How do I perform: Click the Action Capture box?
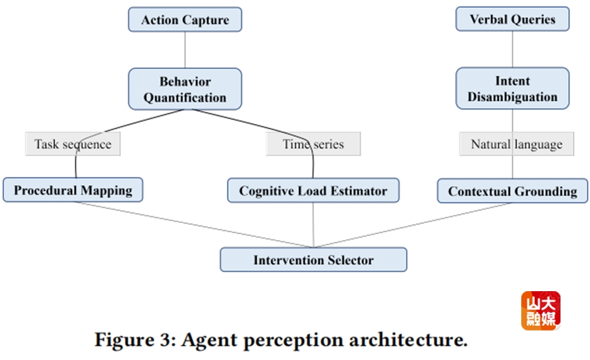(185, 20)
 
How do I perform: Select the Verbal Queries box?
(512, 20)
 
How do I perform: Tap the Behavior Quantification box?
(185, 89)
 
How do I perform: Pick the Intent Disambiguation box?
(513, 89)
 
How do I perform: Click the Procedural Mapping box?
(73, 191)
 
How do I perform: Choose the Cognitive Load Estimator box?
(313, 191)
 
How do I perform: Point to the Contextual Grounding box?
(513, 191)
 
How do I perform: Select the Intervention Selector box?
(313, 260)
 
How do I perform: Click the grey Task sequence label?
(73, 144)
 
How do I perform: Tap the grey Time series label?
(313, 144)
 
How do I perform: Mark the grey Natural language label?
(517, 144)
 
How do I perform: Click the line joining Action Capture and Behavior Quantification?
(185, 50)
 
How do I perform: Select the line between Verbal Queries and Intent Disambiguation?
(513, 49)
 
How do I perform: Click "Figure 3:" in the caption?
(134, 340)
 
